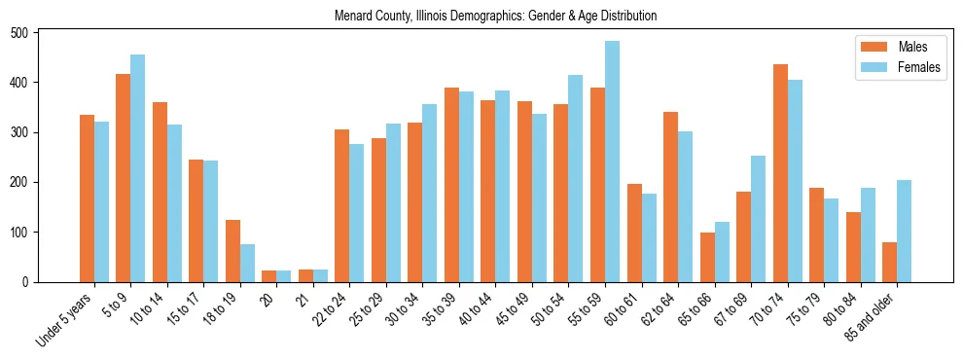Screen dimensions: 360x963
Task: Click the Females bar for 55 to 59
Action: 612,162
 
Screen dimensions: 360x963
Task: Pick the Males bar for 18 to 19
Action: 232,251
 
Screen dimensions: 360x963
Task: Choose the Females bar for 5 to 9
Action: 138,168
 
